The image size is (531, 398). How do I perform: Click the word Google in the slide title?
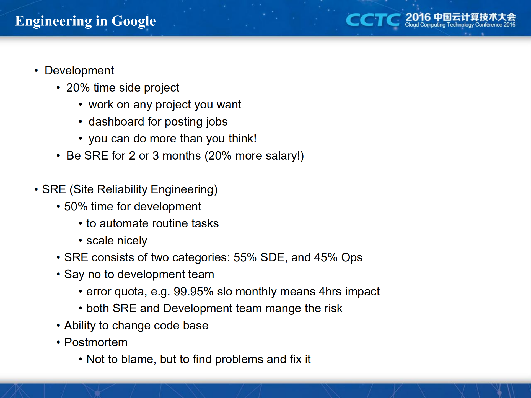134,21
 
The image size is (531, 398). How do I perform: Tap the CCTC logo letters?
373,20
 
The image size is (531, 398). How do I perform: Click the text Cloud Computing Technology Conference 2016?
460,25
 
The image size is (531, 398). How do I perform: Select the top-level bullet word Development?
79,71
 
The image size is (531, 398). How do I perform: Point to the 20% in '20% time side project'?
78,88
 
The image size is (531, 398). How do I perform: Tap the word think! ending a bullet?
243,139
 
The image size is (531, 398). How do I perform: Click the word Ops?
352,258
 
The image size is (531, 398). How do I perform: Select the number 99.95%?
193,292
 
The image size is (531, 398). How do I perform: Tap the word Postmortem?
96,342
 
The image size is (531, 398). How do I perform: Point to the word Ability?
80,326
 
